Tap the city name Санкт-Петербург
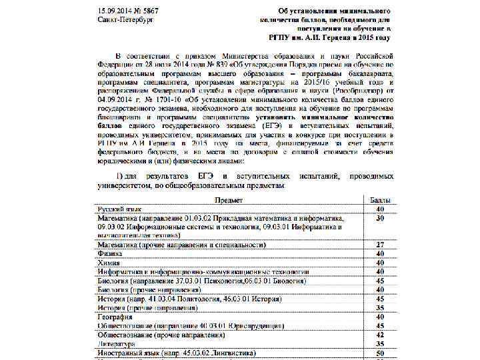point(125,20)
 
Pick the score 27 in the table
point(380,245)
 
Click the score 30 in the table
point(380,218)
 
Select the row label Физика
point(110,254)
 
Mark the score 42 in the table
point(380,335)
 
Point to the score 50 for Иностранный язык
point(380,353)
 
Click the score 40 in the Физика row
point(380,254)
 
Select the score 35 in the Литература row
point(380,343)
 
